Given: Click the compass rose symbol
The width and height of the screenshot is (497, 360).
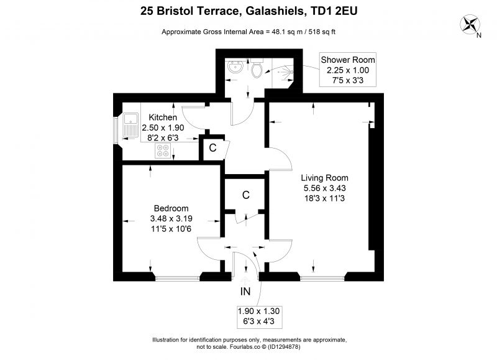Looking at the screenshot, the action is tap(470, 25).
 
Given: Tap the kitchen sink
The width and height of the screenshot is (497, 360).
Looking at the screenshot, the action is tap(130, 125).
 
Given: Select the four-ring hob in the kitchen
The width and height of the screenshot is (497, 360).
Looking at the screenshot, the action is tap(163, 150).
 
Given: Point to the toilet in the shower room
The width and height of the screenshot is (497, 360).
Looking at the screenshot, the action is tap(256, 68).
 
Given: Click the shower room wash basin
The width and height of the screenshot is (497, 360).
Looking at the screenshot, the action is tap(235, 66).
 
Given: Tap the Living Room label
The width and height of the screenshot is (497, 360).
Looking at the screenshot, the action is tap(324, 178).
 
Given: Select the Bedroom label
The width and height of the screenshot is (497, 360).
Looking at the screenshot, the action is tap(171, 208).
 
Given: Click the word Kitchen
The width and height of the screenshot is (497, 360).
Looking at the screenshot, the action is tap(163, 118).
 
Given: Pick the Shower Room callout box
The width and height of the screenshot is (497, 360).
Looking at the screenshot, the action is tap(348, 70).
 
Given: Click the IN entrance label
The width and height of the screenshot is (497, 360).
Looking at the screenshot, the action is tap(245, 292).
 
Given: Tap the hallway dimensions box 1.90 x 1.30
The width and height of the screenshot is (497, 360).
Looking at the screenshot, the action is tap(258, 316).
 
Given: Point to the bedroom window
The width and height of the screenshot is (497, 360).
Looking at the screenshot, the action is tap(178, 279).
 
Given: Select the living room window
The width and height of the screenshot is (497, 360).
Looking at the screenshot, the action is tap(322, 279).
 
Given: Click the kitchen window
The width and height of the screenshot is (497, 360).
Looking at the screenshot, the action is tap(116, 130).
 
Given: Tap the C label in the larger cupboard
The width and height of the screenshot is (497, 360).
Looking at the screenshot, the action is tap(245, 195).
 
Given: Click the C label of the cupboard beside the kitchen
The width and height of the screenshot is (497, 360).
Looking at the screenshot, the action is tap(212, 148).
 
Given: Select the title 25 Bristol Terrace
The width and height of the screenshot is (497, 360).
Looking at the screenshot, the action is tap(189, 11).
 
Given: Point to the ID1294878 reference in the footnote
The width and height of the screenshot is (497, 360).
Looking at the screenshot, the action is tap(284, 347).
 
